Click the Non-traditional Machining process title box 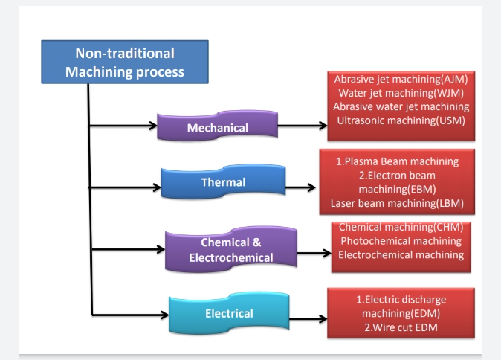click(125, 62)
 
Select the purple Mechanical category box click(217, 127)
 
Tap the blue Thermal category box click(223, 182)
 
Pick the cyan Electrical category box click(229, 313)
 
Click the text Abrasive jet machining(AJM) click(401, 79)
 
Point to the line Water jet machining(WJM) click(401, 93)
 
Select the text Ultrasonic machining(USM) click(401, 120)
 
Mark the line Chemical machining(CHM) click(401, 227)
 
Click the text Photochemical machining click(401, 241)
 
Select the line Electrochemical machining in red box click(401, 255)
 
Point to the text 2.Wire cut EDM click(401, 328)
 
